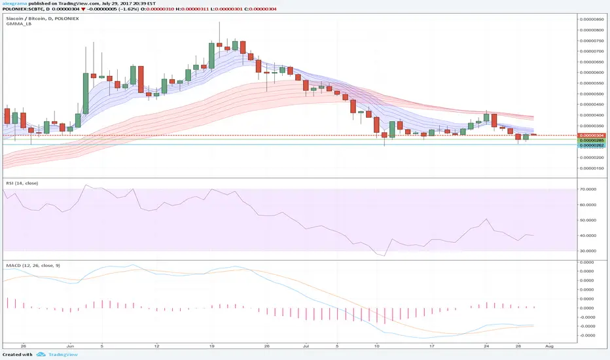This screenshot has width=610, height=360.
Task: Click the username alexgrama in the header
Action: (x=14, y=4)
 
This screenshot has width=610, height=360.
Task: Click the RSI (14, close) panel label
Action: (x=20, y=182)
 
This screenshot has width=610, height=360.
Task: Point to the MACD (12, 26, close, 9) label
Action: (x=31, y=266)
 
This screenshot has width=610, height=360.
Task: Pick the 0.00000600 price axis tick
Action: (x=592, y=72)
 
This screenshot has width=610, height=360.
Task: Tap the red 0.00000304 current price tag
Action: (x=592, y=135)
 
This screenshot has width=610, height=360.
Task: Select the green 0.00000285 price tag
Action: (x=592, y=140)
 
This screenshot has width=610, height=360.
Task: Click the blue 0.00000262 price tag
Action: (x=592, y=145)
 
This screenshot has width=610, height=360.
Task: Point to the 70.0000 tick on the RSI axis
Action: (x=591, y=189)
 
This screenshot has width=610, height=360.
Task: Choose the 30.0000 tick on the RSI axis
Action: (x=591, y=251)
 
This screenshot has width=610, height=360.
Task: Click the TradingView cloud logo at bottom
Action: (x=41, y=355)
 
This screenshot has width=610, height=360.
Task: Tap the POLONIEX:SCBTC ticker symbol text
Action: (x=23, y=10)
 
